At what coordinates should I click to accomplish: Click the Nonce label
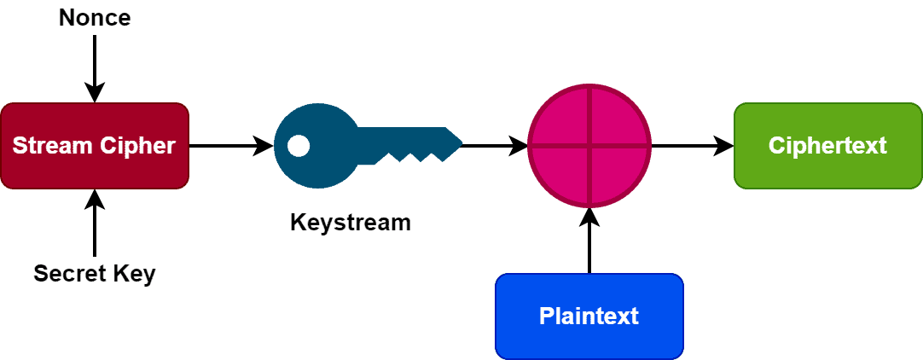[x=95, y=18]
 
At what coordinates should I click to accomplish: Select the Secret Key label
[x=95, y=274]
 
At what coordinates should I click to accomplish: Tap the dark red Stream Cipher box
[x=95, y=146]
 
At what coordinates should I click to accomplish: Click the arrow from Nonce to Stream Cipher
[x=95, y=69]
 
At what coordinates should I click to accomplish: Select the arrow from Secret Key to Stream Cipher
[x=95, y=222]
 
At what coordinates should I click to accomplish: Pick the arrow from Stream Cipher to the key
[x=232, y=146]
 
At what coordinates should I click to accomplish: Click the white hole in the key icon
[x=299, y=146]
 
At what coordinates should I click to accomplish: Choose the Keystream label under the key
[x=351, y=223]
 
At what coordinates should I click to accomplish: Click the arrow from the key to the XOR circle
[x=495, y=146]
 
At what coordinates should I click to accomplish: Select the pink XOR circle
[x=589, y=146]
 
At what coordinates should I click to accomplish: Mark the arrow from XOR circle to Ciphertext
[x=693, y=146]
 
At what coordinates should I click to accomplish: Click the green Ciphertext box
[x=827, y=146]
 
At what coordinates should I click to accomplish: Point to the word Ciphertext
[x=827, y=146]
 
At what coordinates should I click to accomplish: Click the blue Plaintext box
[x=589, y=316]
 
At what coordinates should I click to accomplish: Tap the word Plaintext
[x=589, y=316]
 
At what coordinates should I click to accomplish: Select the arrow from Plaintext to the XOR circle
[x=589, y=241]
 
